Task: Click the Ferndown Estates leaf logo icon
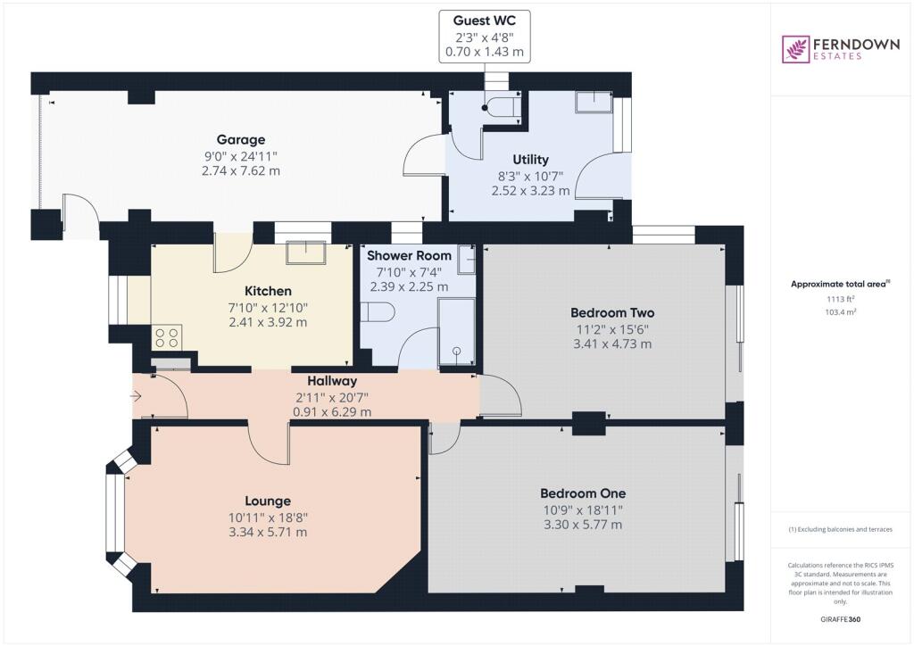[x=794, y=49]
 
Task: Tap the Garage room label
[x=241, y=140]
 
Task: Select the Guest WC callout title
[x=485, y=21]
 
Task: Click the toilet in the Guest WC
[x=503, y=107]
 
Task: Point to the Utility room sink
[x=594, y=102]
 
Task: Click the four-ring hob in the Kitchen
[x=167, y=337]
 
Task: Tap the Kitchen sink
[x=306, y=253]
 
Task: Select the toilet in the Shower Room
[x=378, y=312]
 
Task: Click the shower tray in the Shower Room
[x=456, y=332]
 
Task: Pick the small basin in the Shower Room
[x=466, y=260]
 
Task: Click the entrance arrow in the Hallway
[x=136, y=397]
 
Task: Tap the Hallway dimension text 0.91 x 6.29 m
[x=332, y=412]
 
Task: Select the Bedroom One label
[x=583, y=493]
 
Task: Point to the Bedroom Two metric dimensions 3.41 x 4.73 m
[x=612, y=344]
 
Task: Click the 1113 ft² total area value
[x=841, y=299]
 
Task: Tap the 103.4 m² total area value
[x=841, y=311]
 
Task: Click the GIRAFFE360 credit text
[x=841, y=619]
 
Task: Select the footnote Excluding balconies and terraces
[x=841, y=529]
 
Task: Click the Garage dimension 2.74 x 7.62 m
[x=241, y=171]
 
